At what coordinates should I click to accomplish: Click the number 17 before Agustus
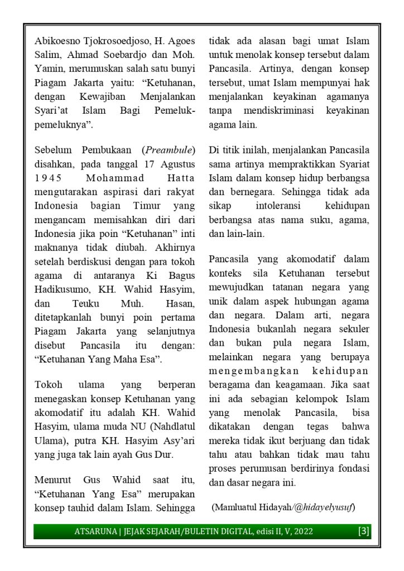(147, 164)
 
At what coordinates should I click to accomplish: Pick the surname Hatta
(178, 178)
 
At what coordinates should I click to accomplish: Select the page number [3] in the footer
(363, 531)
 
